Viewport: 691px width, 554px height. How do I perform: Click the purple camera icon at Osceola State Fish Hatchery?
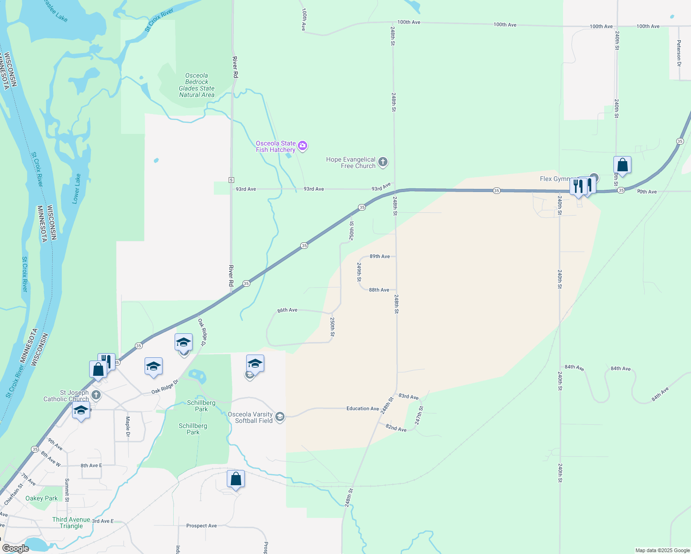[x=303, y=146]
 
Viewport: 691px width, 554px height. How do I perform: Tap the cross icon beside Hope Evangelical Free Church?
[x=382, y=162]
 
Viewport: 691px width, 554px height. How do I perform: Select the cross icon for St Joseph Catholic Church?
[x=96, y=395]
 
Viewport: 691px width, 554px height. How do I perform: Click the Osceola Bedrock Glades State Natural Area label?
[x=197, y=85]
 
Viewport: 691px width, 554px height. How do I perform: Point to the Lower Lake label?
[x=76, y=189]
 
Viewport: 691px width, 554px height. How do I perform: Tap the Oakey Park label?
[x=42, y=498]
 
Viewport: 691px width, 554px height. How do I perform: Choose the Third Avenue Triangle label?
[x=71, y=523]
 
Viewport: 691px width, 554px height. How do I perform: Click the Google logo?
[x=16, y=548]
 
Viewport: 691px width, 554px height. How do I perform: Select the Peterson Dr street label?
[x=679, y=53]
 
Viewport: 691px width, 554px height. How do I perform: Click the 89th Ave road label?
[x=380, y=256]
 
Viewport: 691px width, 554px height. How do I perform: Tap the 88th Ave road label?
[x=379, y=290]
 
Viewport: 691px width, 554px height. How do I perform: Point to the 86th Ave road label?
[x=287, y=310]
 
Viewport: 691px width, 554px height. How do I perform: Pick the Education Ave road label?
[x=363, y=409]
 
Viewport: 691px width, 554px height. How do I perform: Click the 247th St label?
[x=418, y=415]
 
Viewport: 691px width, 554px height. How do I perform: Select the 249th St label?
[x=359, y=272]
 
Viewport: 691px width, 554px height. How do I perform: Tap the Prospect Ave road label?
[x=201, y=526]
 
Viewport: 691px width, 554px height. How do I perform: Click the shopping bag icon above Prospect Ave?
[x=236, y=480]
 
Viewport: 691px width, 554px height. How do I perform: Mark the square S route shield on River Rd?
[x=231, y=180]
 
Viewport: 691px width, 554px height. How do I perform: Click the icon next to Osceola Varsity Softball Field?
[x=279, y=417]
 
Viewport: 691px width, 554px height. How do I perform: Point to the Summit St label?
[x=67, y=490]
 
